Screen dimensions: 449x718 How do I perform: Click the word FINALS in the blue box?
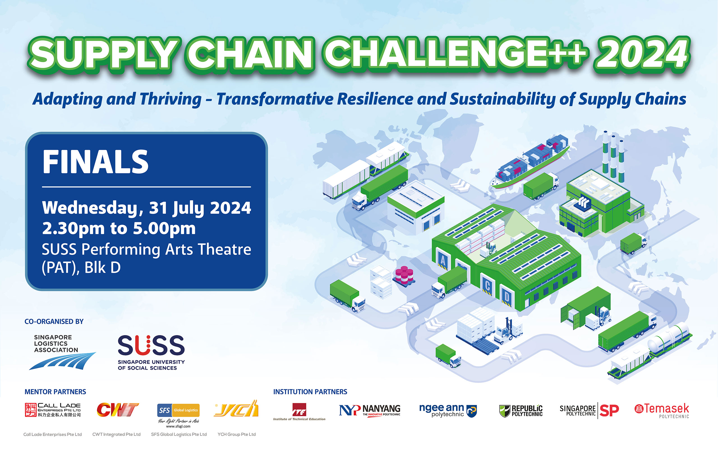point(95,162)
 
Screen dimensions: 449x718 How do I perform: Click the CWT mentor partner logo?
point(118,410)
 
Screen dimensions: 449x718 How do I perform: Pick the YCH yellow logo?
point(236,409)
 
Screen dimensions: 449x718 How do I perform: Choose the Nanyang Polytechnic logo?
point(370,410)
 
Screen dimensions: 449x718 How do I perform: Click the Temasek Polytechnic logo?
point(662,410)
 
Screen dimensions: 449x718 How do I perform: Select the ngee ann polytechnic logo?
point(448,410)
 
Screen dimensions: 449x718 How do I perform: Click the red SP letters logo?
point(609,410)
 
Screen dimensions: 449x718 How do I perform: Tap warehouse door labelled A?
point(443,261)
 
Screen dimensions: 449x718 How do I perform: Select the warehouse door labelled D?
point(507,297)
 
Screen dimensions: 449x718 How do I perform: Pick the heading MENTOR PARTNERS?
point(55,392)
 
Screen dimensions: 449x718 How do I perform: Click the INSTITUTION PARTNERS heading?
point(310,392)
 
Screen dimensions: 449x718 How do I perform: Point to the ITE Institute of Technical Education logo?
point(299,412)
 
